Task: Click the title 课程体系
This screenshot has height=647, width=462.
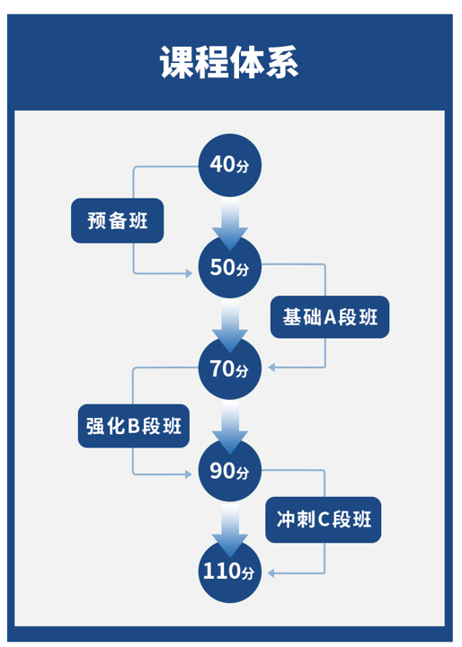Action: (x=229, y=62)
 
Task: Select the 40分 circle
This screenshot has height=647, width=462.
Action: (x=230, y=165)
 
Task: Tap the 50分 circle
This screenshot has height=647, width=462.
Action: (x=230, y=268)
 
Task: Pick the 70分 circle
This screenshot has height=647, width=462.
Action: (x=230, y=368)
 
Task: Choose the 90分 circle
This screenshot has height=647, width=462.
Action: (x=230, y=470)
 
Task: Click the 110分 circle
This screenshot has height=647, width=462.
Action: (x=230, y=572)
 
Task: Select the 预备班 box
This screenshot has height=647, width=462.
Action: (x=117, y=221)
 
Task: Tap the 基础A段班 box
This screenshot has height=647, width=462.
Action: (x=330, y=317)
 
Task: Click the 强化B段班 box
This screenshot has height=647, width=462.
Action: (x=134, y=426)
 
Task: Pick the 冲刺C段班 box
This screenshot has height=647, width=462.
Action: (x=324, y=519)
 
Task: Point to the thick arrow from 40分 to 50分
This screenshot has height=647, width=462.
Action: (x=230, y=223)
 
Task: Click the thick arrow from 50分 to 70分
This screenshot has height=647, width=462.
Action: (x=230, y=325)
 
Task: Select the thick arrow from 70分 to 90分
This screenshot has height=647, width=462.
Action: (x=230, y=427)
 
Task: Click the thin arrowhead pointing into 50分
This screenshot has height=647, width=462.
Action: (x=189, y=273)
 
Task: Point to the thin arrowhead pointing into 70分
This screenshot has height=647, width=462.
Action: (x=271, y=368)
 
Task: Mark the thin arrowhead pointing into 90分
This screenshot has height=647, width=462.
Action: (x=189, y=474)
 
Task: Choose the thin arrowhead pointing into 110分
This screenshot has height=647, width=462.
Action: (x=271, y=573)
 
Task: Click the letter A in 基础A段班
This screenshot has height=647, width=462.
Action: (x=330, y=318)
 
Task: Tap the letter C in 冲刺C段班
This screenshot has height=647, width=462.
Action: (x=324, y=519)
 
